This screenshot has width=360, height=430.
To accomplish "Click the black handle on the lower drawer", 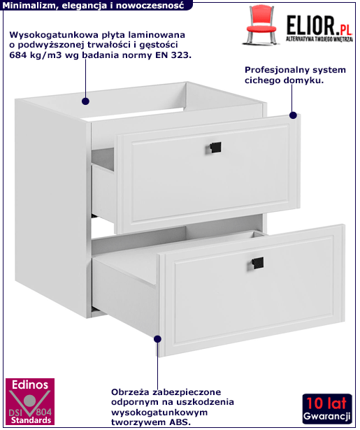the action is click(257, 264).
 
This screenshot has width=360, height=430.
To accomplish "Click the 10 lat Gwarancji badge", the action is click(327, 409).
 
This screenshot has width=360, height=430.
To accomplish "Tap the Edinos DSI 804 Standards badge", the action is click(30, 402).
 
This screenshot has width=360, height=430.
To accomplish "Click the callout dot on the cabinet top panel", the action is click(85, 101).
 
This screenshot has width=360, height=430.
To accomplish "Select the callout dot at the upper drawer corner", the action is click(293, 115).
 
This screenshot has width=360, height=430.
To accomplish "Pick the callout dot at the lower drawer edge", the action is click(158, 339).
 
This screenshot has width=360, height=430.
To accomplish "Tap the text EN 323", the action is click(173, 55).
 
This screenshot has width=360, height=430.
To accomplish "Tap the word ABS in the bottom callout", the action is click(179, 422).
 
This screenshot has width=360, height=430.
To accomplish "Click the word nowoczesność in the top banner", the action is click(150, 6).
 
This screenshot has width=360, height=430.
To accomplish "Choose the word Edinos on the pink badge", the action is click(30, 385).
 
